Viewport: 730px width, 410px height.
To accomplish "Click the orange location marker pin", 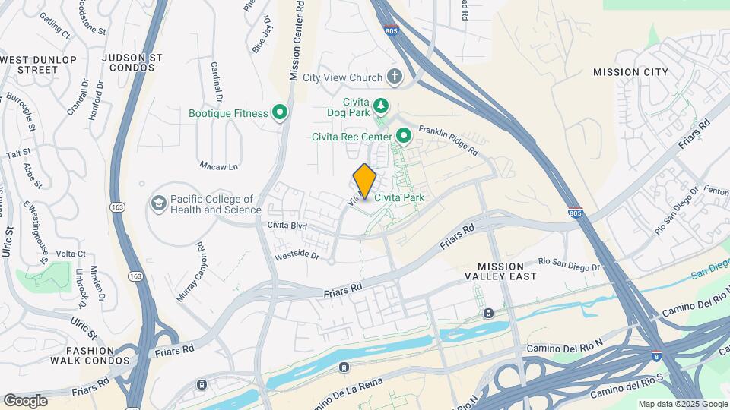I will click(x=365, y=181).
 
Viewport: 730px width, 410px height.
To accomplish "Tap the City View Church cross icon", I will click(x=394, y=76).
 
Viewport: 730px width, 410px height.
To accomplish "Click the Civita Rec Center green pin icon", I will click(x=404, y=137).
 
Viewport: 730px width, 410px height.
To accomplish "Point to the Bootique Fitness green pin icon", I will click(x=280, y=113).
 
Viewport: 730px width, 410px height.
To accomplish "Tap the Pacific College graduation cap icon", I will click(x=158, y=203).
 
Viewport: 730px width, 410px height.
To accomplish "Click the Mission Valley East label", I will click(x=501, y=271).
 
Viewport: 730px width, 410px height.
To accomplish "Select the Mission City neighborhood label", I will click(x=630, y=72).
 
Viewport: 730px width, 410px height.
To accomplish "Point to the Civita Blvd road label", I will click(x=287, y=225).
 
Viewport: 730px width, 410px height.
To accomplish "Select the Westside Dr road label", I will click(x=297, y=256).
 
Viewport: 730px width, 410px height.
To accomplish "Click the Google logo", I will click(x=25, y=401).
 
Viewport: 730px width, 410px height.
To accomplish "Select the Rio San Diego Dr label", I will click(x=569, y=264).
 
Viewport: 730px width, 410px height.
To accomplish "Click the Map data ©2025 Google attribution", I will click(x=682, y=404).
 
